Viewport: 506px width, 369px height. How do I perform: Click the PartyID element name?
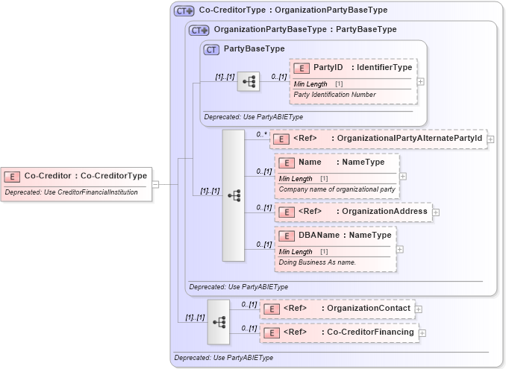(x=328, y=68)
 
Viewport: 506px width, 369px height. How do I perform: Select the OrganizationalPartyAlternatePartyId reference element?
(x=380, y=138)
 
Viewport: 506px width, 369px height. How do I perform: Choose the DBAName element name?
(x=316, y=236)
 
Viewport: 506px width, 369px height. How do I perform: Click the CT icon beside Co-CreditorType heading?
(x=184, y=11)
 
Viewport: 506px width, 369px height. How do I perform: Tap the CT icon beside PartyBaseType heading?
(x=211, y=49)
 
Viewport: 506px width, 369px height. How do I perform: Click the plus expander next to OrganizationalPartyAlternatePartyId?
(x=490, y=139)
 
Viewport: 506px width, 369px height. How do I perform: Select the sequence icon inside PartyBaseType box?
(x=249, y=81)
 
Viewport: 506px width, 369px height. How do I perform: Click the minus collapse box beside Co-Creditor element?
(x=155, y=183)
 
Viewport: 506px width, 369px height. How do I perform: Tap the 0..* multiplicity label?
(x=260, y=134)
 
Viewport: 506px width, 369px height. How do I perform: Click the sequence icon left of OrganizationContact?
(x=219, y=321)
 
